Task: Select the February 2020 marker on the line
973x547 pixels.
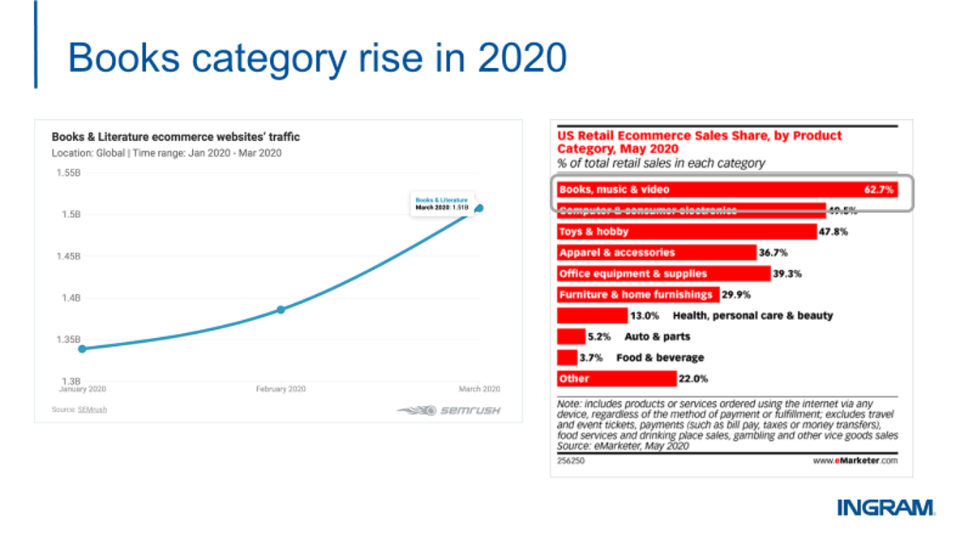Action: pos(281,310)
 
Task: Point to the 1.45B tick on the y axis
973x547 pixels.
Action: pos(68,256)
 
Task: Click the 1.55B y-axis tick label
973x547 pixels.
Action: pos(68,173)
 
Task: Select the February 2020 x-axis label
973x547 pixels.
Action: pos(281,390)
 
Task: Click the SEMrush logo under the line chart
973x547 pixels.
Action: pos(448,410)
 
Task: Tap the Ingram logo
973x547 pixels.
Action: pos(885,508)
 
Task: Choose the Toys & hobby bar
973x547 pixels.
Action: pos(687,232)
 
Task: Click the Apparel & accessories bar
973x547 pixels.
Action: pos(657,253)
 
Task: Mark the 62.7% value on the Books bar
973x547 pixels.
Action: pos(879,190)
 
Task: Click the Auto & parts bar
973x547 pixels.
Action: pos(571,336)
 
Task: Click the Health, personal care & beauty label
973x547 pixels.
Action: pos(752,315)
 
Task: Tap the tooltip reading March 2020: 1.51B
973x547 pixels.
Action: pos(441,203)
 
